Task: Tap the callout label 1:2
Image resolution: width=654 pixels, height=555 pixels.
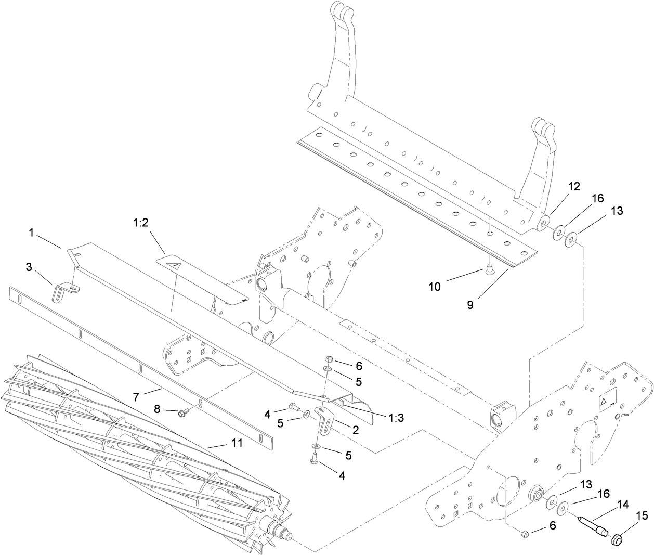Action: tap(141, 223)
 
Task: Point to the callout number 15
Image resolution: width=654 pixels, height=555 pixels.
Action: tap(643, 516)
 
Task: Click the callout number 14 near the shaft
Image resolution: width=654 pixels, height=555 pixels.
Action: tap(622, 504)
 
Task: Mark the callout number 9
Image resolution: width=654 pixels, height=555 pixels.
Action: tap(470, 305)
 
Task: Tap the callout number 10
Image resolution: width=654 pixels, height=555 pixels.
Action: tap(435, 287)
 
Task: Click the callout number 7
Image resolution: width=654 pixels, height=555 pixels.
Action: tap(136, 397)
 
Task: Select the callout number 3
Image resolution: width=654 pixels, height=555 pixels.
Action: tap(29, 267)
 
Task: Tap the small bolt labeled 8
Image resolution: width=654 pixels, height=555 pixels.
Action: tap(182, 413)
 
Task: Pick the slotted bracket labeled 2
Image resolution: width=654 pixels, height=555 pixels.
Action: tap(325, 422)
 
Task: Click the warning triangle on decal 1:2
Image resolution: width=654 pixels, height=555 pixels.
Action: tap(177, 266)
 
